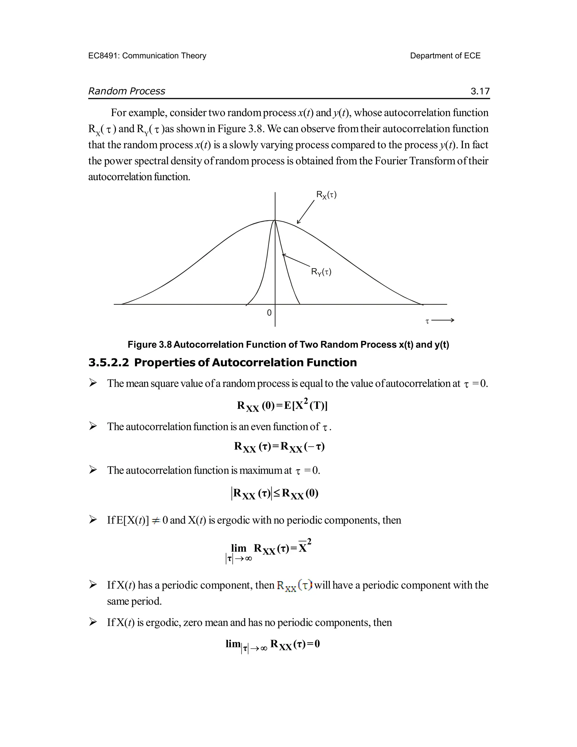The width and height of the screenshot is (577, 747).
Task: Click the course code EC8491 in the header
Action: coord(103,56)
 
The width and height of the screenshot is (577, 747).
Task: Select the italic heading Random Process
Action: coord(127,91)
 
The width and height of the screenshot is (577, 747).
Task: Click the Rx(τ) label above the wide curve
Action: coord(326,195)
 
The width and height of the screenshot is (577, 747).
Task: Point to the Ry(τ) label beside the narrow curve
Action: coord(321,272)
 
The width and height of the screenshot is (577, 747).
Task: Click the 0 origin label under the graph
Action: coord(269,313)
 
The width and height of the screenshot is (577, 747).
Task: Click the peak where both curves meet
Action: coord(275,221)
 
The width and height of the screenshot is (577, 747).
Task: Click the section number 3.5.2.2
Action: coord(109,363)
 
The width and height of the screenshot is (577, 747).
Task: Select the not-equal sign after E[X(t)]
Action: coord(156,521)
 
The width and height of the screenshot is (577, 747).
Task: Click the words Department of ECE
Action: coord(445,56)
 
